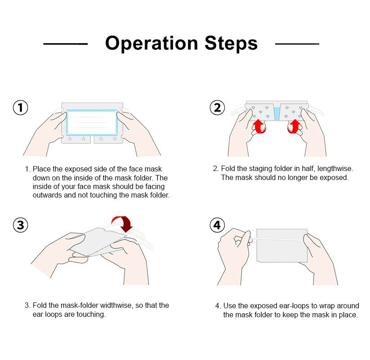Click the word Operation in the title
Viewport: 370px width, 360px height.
coord(152,44)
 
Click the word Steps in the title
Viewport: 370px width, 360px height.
coord(231,43)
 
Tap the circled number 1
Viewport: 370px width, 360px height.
coord(20,108)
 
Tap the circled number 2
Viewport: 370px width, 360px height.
coord(217,108)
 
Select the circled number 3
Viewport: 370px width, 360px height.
coord(20,225)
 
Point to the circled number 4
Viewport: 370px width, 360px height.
coord(217,225)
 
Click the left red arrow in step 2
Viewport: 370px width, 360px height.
coord(259,126)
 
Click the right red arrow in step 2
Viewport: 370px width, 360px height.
coord(294,126)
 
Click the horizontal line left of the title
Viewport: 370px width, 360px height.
coord(65,44)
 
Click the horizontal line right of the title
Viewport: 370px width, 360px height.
coord(297,44)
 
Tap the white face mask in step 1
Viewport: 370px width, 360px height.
coord(92,122)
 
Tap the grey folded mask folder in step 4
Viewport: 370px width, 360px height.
coord(282,245)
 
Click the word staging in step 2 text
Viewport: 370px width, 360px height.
coord(260,169)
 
